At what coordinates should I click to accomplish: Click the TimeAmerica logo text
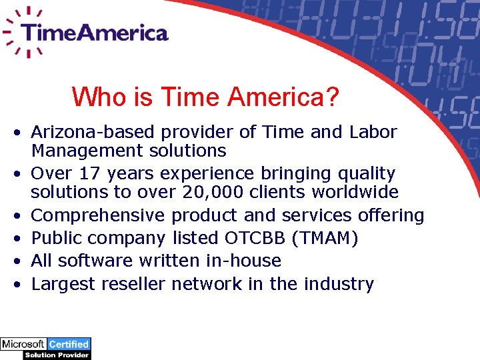coord(94,33)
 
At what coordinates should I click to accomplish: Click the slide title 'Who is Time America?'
coord(205,97)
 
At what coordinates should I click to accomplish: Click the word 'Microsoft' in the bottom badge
coord(23,345)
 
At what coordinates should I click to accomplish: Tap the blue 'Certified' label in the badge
coord(69,345)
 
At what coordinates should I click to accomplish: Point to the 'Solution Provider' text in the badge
coord(57,355)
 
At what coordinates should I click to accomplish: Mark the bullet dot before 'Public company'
coord(21,239)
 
